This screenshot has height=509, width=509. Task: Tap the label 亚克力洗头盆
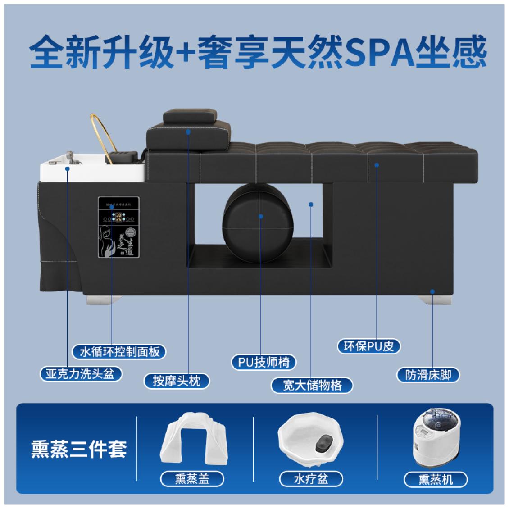(x=81, y=374)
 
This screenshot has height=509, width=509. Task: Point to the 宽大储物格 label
(x=312, y=385)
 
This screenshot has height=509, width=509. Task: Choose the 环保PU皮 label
(x=368, y=346)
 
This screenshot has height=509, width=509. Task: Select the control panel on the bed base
(x=119, y=227)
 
